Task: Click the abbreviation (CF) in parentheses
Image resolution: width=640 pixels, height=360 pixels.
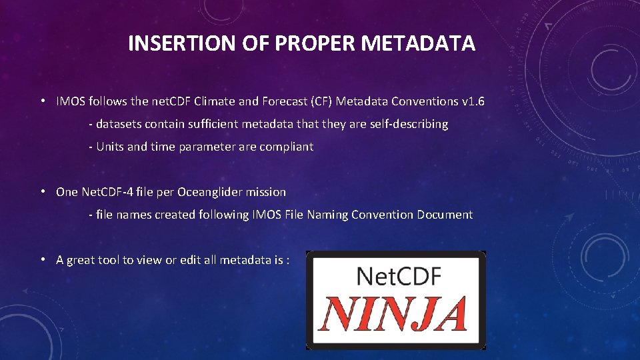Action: tap(319, 102)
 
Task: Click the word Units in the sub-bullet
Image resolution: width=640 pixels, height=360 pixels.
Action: tap(110, 147)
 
